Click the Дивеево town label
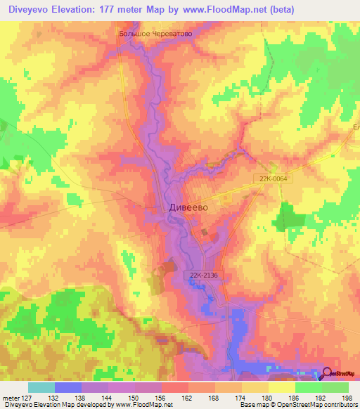188,208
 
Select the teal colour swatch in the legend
41,387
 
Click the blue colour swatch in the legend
67,387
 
